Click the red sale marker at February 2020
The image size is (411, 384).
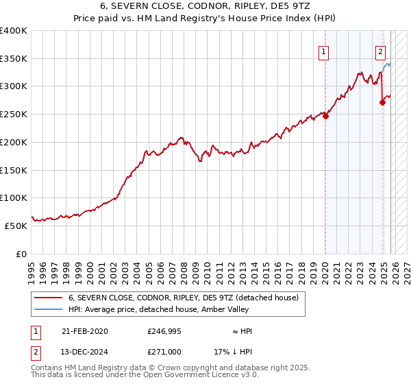[325, 116]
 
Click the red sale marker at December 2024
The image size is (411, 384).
[382, 102]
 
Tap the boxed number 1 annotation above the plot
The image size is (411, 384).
[323, 50]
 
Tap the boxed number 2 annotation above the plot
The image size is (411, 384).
[380, 50]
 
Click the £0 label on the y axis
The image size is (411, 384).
[21, 254]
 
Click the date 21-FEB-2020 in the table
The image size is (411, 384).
[84, 331]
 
